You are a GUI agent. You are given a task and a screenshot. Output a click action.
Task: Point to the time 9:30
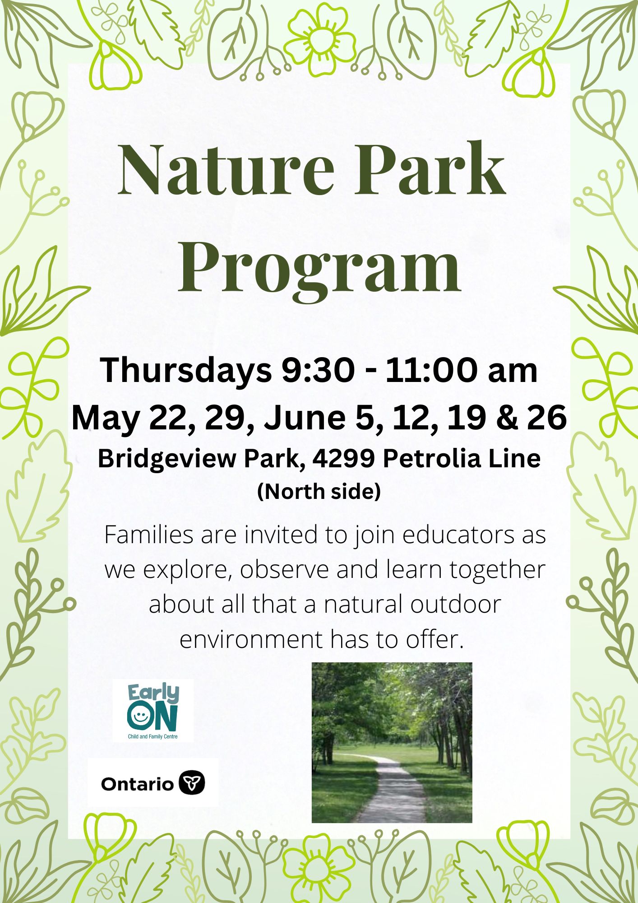click(318, 370)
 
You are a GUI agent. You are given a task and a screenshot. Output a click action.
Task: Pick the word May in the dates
click(106, 419)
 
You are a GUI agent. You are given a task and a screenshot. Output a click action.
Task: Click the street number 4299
click(343, 459)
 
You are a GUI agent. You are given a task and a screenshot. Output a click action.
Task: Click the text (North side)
click(319, 491)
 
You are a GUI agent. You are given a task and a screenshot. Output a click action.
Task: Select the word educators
click(458, 535)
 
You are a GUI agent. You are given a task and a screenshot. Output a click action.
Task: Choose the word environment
click(251, 640)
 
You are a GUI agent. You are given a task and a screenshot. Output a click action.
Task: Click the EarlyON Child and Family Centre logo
click(153, 711)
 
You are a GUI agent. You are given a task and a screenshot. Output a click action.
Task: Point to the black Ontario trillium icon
click(192, 783)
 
